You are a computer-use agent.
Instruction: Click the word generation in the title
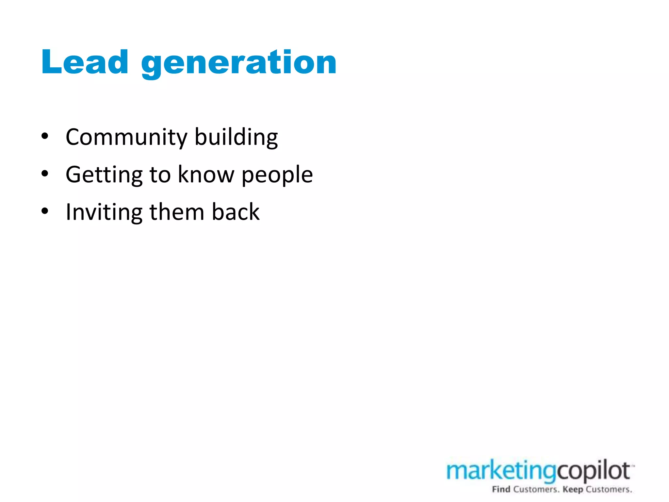click(x=238, y=63)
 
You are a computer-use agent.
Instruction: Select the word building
click(x=236, y=137)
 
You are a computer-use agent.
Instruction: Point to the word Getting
click(x=104, y=175)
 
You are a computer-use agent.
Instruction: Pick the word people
click(x=277, y=176)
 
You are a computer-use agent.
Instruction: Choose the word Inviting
click(x=104, y=212)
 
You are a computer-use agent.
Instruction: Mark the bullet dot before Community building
click(x=45, y=136)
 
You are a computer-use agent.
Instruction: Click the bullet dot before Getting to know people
click(x=45, y=174)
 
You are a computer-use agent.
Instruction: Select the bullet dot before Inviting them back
click(x=45, y=211)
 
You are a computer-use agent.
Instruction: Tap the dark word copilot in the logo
click(x=593, y=471)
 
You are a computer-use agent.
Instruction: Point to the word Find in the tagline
click(x=501, y=489)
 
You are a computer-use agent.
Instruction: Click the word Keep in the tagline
click(x=573, y=489)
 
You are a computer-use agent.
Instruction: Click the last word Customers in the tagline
click(x=608, y=489)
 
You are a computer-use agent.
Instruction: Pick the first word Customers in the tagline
click(x=536, y=489)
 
